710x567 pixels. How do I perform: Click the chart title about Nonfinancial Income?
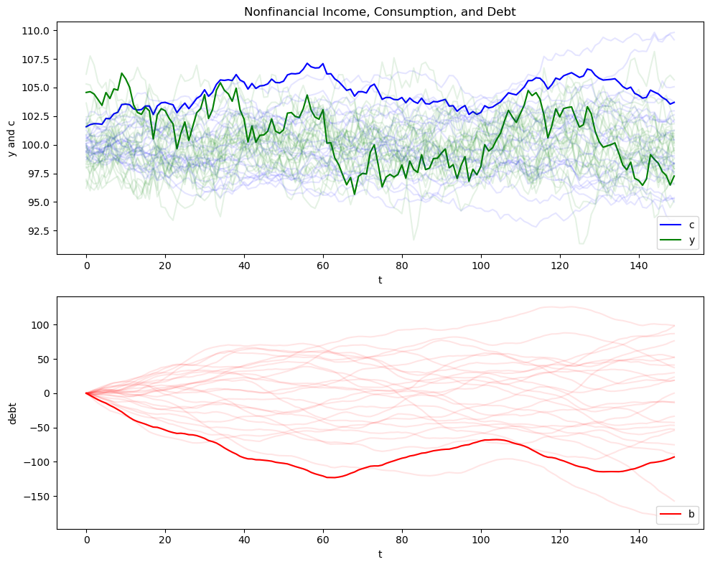[x=380, y=11]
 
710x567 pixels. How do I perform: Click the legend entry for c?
[x=692, y=225]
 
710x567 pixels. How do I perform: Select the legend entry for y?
[x=692, y=240]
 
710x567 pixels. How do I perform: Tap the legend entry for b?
[x=691, y=514]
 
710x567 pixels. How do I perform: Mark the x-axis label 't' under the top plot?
[x=380, y=280]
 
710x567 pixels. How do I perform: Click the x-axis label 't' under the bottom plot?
[x=380, y=555]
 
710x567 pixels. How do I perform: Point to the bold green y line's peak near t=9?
[x=122, y=73]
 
